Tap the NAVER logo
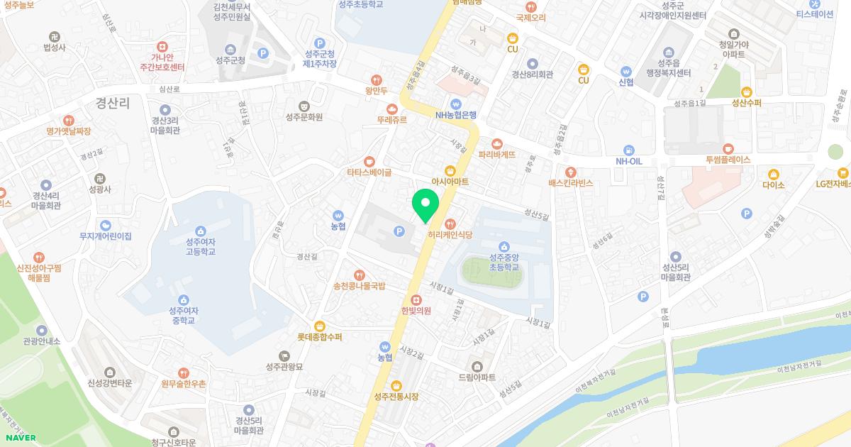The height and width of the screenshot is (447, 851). pyautogui.click(x=18, y=438)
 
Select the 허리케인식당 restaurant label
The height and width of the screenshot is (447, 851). pyautogui.click(x=450, y=234)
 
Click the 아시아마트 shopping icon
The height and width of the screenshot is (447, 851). pyautogui.click(x=450, y=170)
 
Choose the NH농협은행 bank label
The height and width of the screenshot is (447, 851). pyautogui.click(x=456, y=115)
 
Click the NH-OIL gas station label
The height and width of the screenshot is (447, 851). pyautogui.click(x=628, y=161)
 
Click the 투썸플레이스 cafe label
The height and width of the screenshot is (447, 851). pyautogui.click(x=728, y=160)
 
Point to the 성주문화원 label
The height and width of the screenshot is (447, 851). pyautogui.click(x=304, y=117)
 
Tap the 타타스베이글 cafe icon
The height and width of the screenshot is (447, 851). pyautogui.click(x=369, y=161)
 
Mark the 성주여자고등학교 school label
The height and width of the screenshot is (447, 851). pyautogui.click(x=201, y=246)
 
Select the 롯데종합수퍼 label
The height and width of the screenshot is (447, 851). pyautogui.click(x=319, y=337)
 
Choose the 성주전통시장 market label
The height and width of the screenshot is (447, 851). pyautogui.click(x=396, y=396)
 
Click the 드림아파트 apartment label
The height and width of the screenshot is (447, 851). pyautogui.click(x=477, y=377)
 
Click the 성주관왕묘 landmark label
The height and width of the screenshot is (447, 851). pyautogui.click(x=284, y=367)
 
